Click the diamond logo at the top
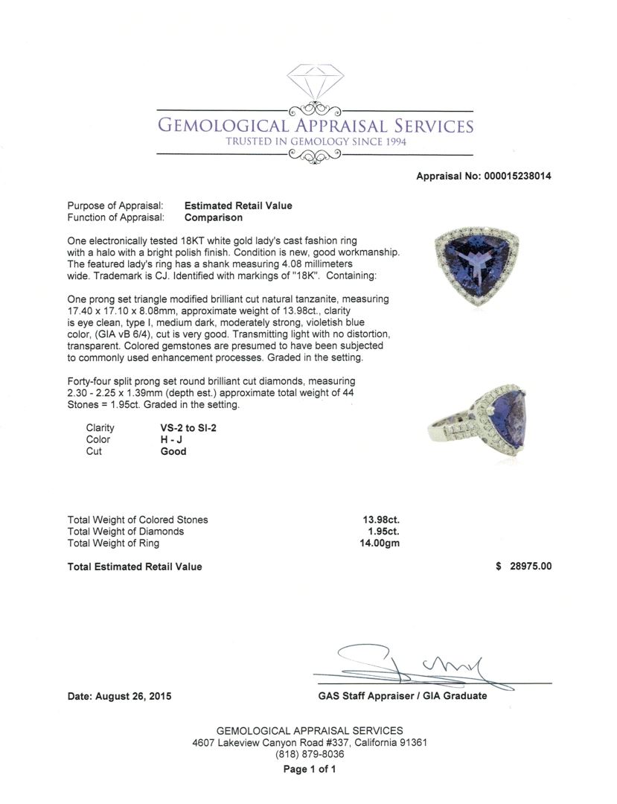tap(313, 82)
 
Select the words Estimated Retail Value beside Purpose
tap(238, 205)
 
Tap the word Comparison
tap(214, 218)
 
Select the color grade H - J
tap(173, 439)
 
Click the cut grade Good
tap(173, 451)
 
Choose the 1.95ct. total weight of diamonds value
tap(386, 532)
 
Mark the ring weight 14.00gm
tap(380, 543)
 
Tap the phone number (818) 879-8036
tap(310, 754)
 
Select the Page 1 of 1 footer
tap(310, 769)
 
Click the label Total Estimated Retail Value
tap(135, 567)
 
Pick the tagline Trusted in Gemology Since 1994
tap(316, 142)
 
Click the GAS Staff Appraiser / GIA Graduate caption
tap(402, 696)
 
